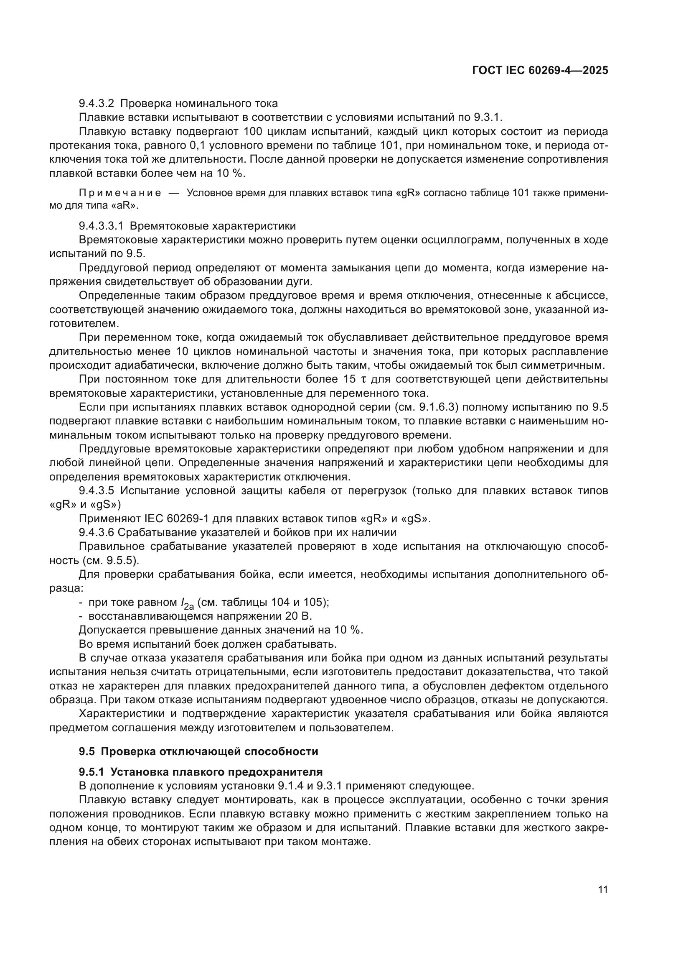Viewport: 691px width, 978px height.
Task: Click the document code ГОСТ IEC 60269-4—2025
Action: click(540, 70)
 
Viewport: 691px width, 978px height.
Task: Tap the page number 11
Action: click(602, 889)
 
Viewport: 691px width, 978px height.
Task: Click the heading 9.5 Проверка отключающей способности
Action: click(198, 751)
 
